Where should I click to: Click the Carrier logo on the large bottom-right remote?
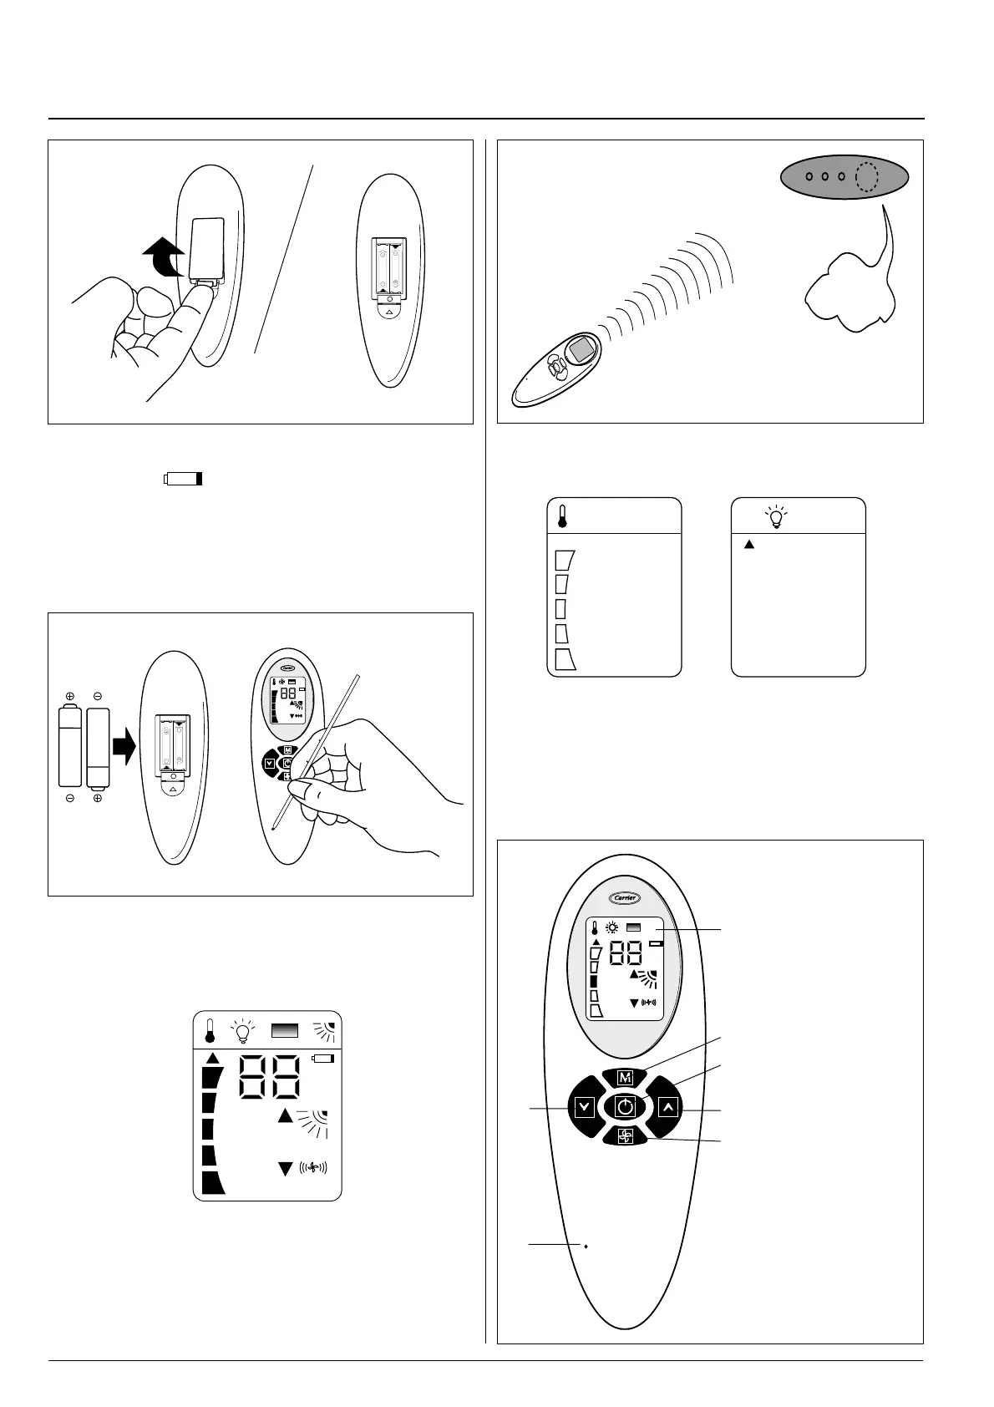tap(625, 898)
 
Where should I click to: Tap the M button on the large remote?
tap(626, 1077)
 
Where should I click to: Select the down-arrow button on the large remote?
tap(585, 1108)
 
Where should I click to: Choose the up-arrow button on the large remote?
tap(667, 1108)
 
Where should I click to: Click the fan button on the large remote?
tap(626, 1135)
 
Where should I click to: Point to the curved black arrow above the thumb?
tap(162, 255)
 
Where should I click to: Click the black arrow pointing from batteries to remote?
tap(124, 745)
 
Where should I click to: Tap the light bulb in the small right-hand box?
tap(778, 517)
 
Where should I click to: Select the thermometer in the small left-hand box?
tap(562, 516)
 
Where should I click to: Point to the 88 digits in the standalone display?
tap(271, 1077)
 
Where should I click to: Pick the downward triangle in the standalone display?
tap(286, 1169)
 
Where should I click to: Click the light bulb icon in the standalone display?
tap(242, 1031)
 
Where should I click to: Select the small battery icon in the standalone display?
tap(322, 1059)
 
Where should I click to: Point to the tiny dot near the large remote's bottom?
tap(586, 1246)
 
